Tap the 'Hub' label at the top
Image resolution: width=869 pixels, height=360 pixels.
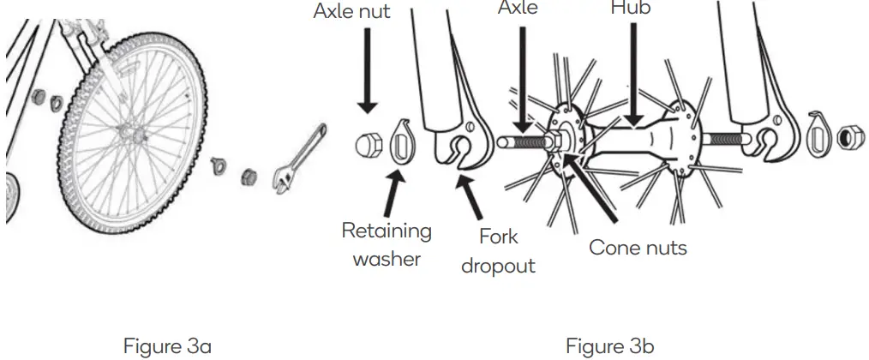pos(630,8)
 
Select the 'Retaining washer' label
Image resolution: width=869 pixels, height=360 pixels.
pos(387,243)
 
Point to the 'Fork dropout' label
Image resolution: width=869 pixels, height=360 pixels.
pos(498,250)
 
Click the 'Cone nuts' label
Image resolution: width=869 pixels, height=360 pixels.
pos(638,248)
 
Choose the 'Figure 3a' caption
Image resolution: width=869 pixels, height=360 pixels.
pos(168,346)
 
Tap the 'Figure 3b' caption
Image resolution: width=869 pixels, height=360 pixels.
pos(609,346)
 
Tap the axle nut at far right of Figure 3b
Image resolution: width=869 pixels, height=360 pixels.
pos(849,137)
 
